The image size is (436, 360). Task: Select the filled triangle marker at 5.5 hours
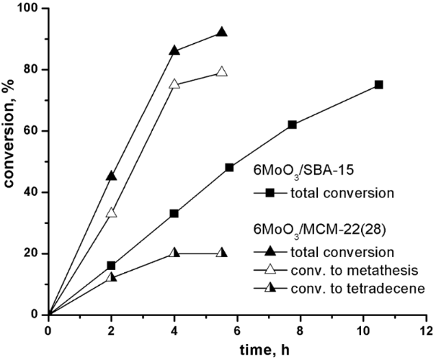coord(221,32)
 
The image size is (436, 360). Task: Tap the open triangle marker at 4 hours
coord(174,84)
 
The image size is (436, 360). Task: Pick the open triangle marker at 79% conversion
coord(221,72)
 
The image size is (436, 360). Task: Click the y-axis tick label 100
coord(30,9)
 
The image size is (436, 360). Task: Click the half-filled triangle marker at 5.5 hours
coord(221,253)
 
